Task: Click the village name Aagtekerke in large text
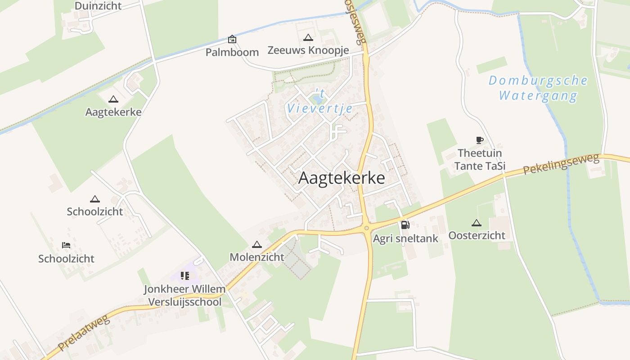[x=342, y=178]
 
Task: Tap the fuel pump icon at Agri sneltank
[x=405, y=225]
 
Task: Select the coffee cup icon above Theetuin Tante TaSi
[x=480, y=140]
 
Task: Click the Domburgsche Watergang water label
[x=538, y=88]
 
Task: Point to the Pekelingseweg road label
[x=561, y=164]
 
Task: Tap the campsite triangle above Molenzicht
[x=257, y=244]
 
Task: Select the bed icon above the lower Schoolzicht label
[x=66, y=245]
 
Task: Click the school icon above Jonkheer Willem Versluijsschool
[x=184, y=275]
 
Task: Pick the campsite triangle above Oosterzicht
[x=477, y=222]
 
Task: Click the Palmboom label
[x=232, y=52]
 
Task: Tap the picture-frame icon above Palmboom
[x=232, y=39]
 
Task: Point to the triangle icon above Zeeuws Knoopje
[x=308, y=38]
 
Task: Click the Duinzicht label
[x=98, y=6]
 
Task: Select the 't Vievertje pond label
[x=314, y=102]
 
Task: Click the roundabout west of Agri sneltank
[x=367, y=228]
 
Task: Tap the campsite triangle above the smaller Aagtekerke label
[x=113, y=99]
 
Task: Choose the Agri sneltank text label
[x=405, y=238]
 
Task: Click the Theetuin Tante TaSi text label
[x=480, y=159]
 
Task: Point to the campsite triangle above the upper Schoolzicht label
[x=94, y=199]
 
